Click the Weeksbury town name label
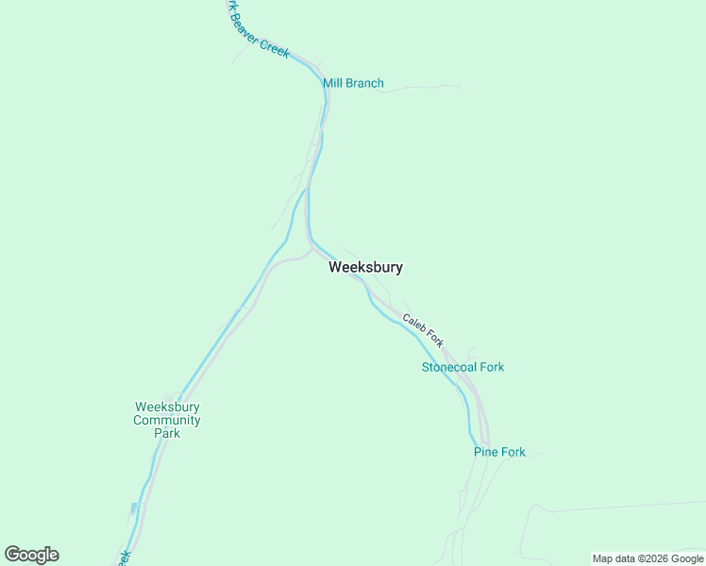point(365,267)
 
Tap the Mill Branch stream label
point(353,83)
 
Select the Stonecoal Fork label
point(462,367)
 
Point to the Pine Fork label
point(499,452)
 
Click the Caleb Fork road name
point(423,330)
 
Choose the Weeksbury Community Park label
point(167,420)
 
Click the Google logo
point(31,555)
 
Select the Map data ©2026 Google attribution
point(647,558)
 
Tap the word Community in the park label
point(167,420)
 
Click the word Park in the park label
point(167,433)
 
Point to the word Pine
point(485,452)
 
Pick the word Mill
point(333,83)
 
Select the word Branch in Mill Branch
point(365,83)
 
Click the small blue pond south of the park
point(134,508)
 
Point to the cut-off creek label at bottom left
point(123,558)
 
